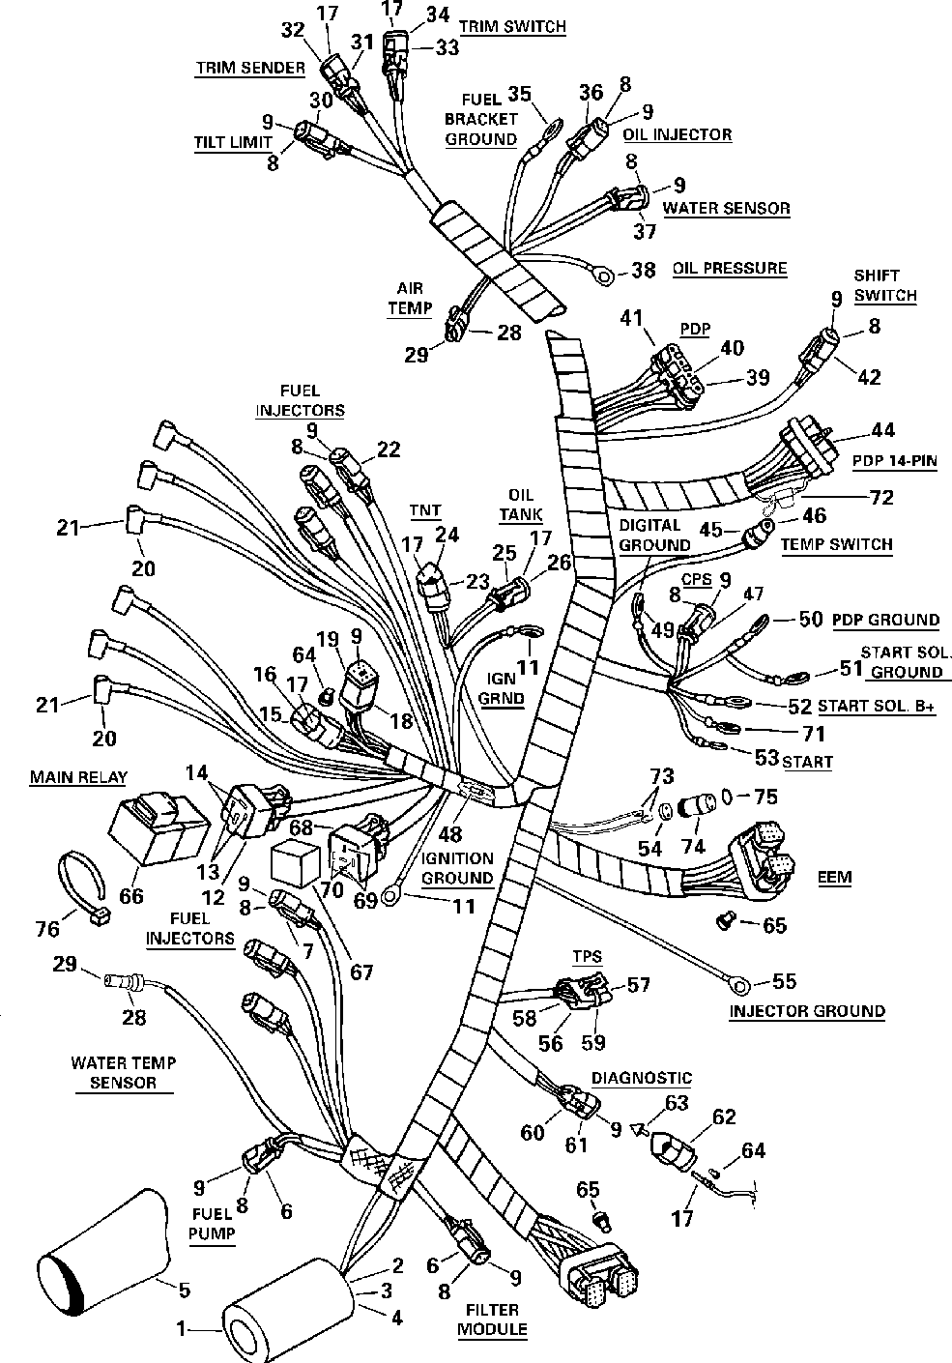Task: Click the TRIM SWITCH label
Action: pos(512,26)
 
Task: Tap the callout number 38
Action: pos(643,271)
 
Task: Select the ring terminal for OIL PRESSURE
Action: pos(603,278)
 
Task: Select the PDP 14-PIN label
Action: pos(894,460)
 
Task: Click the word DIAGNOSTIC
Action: pos(642,1078)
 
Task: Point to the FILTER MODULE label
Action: pos(493,1319)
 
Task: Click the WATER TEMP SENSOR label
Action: pos(124,1072)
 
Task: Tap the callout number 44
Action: pos(882,431)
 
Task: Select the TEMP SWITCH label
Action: pos(836,544)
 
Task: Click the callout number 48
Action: pos(450,833)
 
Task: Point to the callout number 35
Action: pos(520,94)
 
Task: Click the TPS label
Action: pos(587,957)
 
